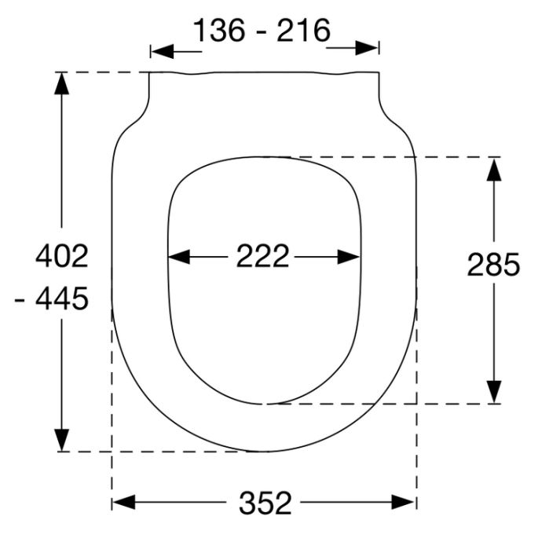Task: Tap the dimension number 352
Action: [x=264, y=503]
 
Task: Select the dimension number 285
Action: [x=493, y=265]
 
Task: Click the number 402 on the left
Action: [x=62, y=256]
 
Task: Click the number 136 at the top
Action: [x=220, y=31]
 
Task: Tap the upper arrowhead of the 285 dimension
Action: [x=493, y=168]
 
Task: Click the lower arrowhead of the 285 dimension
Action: [x=493, y=392]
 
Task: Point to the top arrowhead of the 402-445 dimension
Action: [x=62, y=82]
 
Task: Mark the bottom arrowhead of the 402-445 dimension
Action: [x=62, y=441]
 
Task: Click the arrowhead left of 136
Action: [x=161, y=51]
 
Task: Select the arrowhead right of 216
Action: [x=368, y=47]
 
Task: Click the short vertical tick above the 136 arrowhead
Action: [x=150, y=50]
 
